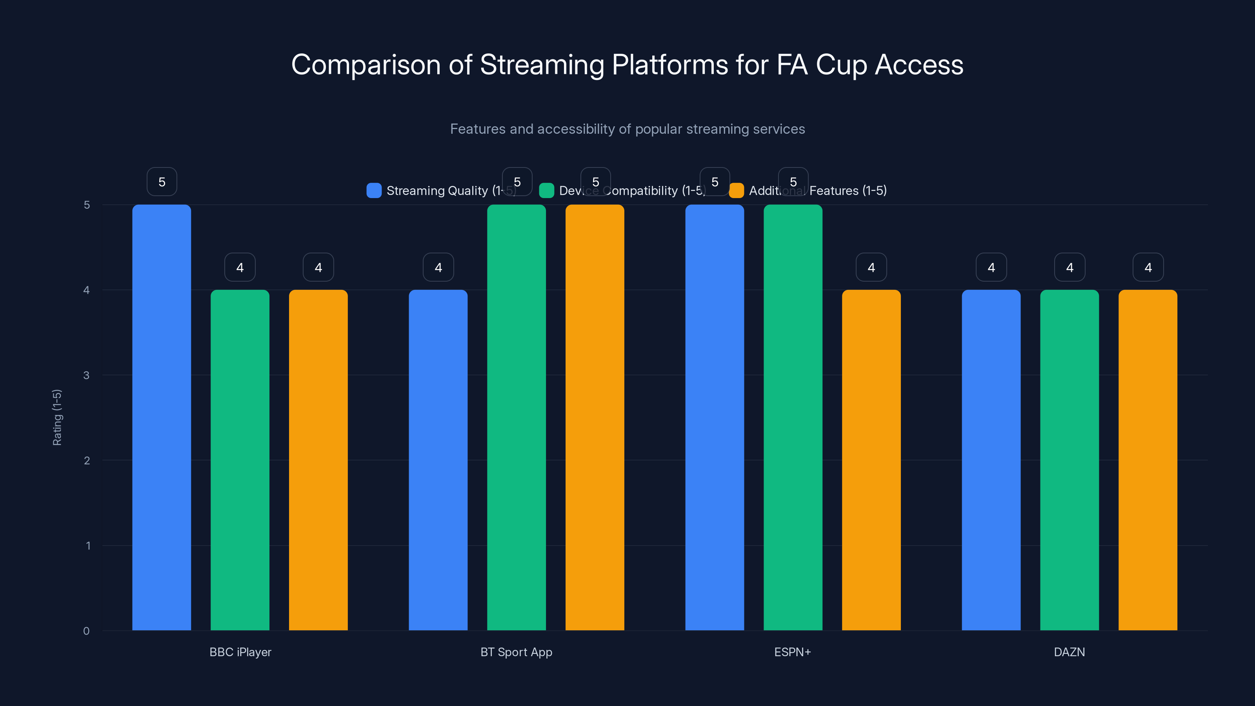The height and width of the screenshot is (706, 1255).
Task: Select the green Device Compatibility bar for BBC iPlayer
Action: [x=240, y=460]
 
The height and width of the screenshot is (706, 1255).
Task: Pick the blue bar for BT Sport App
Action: [x=438, y=460]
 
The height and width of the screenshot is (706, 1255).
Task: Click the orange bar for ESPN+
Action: [x=871, y=460]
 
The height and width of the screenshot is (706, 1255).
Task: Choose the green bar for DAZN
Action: [x=1069, y=460]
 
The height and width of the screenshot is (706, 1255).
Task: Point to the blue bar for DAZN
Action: [x=991, y=460]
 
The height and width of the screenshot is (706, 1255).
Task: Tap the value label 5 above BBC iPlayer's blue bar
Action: [x=162, y=182]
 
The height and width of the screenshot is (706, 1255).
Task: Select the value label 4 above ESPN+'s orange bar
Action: [x=871, y=267]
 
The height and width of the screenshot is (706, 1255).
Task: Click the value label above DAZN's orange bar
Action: [x=1148, y=267]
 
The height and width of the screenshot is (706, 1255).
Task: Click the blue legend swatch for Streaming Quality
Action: [x=374, y=191]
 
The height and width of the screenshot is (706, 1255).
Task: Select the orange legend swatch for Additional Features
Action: [x=736, y=191]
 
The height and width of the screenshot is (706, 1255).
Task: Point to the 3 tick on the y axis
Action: [x=86, y=375]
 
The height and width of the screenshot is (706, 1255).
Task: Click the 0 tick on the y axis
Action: [x=86, y=631]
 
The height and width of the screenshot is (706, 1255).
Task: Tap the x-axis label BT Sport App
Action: [x=516, y=652]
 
